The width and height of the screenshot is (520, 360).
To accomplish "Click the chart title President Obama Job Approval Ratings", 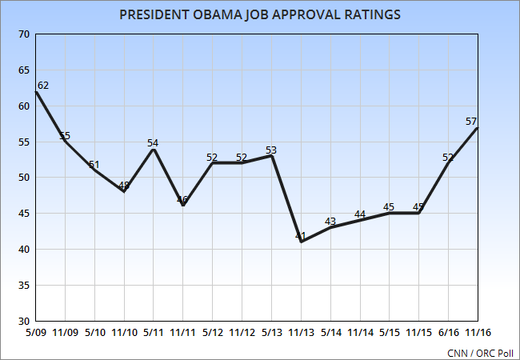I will tap(260, 14).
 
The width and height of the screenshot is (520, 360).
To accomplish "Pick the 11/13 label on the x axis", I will tap(301, 330).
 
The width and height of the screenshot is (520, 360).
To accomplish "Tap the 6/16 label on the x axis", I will tap(448, 330).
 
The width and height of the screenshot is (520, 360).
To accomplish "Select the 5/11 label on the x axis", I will tap(154, 330).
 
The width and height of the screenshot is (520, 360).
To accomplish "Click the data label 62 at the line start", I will tap(43, 85).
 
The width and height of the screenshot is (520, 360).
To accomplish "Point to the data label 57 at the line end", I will tap(471, 122).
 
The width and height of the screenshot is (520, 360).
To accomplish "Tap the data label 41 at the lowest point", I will tap(301, 237).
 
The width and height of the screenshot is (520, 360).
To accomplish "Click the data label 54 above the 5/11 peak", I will tap(153, 143).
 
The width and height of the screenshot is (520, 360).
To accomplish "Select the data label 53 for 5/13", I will tap(270, 150).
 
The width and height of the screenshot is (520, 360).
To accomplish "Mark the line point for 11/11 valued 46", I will tap(183, 206).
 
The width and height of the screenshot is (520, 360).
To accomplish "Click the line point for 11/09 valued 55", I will tap(66, 142).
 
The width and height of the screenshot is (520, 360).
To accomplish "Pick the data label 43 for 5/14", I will tap(330, 222).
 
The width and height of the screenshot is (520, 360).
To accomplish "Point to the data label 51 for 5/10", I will tap(94, 164).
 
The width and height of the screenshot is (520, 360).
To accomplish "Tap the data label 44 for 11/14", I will tap(359, 214).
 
